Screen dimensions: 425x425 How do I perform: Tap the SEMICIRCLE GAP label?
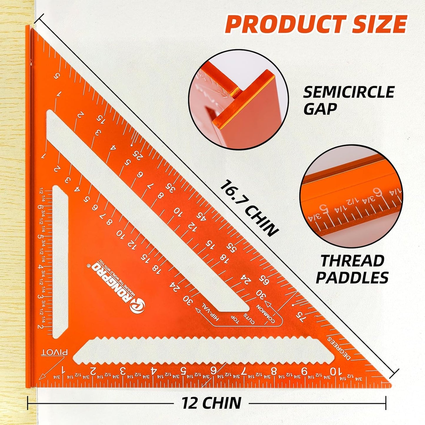point(349,100)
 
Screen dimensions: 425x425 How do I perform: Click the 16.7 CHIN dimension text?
point(249,208)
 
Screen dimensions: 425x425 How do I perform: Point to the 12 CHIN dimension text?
point(211,403)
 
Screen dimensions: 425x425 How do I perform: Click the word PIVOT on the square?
point(54,352)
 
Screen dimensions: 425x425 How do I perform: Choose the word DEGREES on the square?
point(339,348)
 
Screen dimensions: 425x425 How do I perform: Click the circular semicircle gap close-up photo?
point(239,99)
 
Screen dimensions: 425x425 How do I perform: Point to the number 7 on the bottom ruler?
point(243,371)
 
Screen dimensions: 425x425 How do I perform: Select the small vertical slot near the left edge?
point(60,262)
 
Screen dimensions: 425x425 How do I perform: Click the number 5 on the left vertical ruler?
point(40,237)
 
